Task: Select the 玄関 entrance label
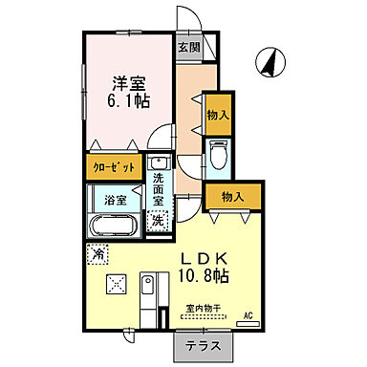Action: [187, 47]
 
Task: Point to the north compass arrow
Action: [270, 62]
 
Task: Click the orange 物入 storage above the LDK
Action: [231, 197]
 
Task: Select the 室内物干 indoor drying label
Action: [203, 308]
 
